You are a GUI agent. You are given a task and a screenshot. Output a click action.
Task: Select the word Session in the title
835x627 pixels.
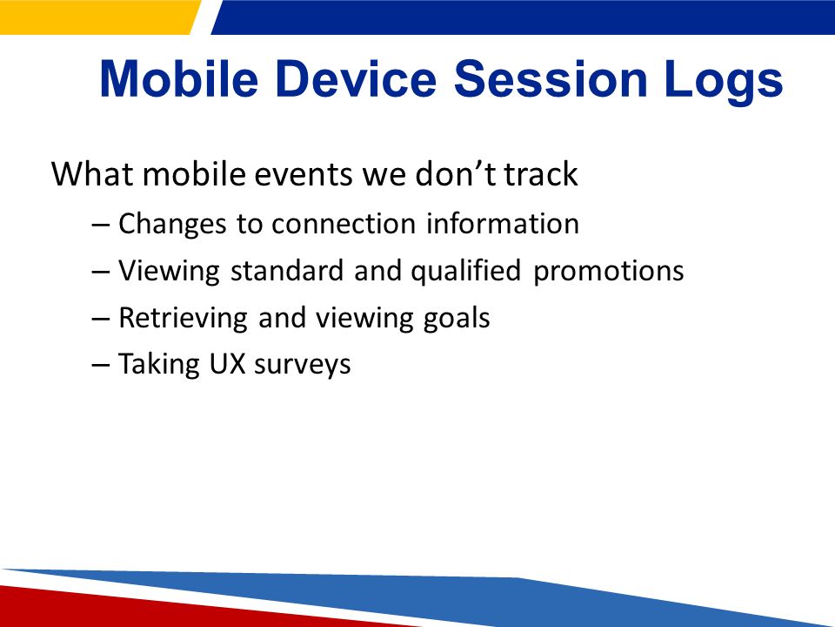point(551,79)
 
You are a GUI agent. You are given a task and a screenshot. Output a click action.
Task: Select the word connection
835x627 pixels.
point(344,224)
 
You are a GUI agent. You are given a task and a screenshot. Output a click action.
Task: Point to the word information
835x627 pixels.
point(502,223)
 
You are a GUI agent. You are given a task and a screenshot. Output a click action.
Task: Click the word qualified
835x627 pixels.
point(465,271)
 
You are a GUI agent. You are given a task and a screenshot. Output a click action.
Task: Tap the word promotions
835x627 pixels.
point(609,272)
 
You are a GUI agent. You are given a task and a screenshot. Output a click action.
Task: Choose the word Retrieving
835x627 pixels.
point(183,319)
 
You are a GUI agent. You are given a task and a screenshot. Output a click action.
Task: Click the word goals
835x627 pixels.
point(457,319)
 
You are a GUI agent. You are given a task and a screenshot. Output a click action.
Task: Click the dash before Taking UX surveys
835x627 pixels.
point(101,365)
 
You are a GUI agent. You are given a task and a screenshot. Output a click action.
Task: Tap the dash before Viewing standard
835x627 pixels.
point(101,272)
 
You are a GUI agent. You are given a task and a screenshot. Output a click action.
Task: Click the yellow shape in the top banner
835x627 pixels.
point(98,17)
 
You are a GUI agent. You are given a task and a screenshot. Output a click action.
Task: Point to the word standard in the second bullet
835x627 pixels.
point(287,270)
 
